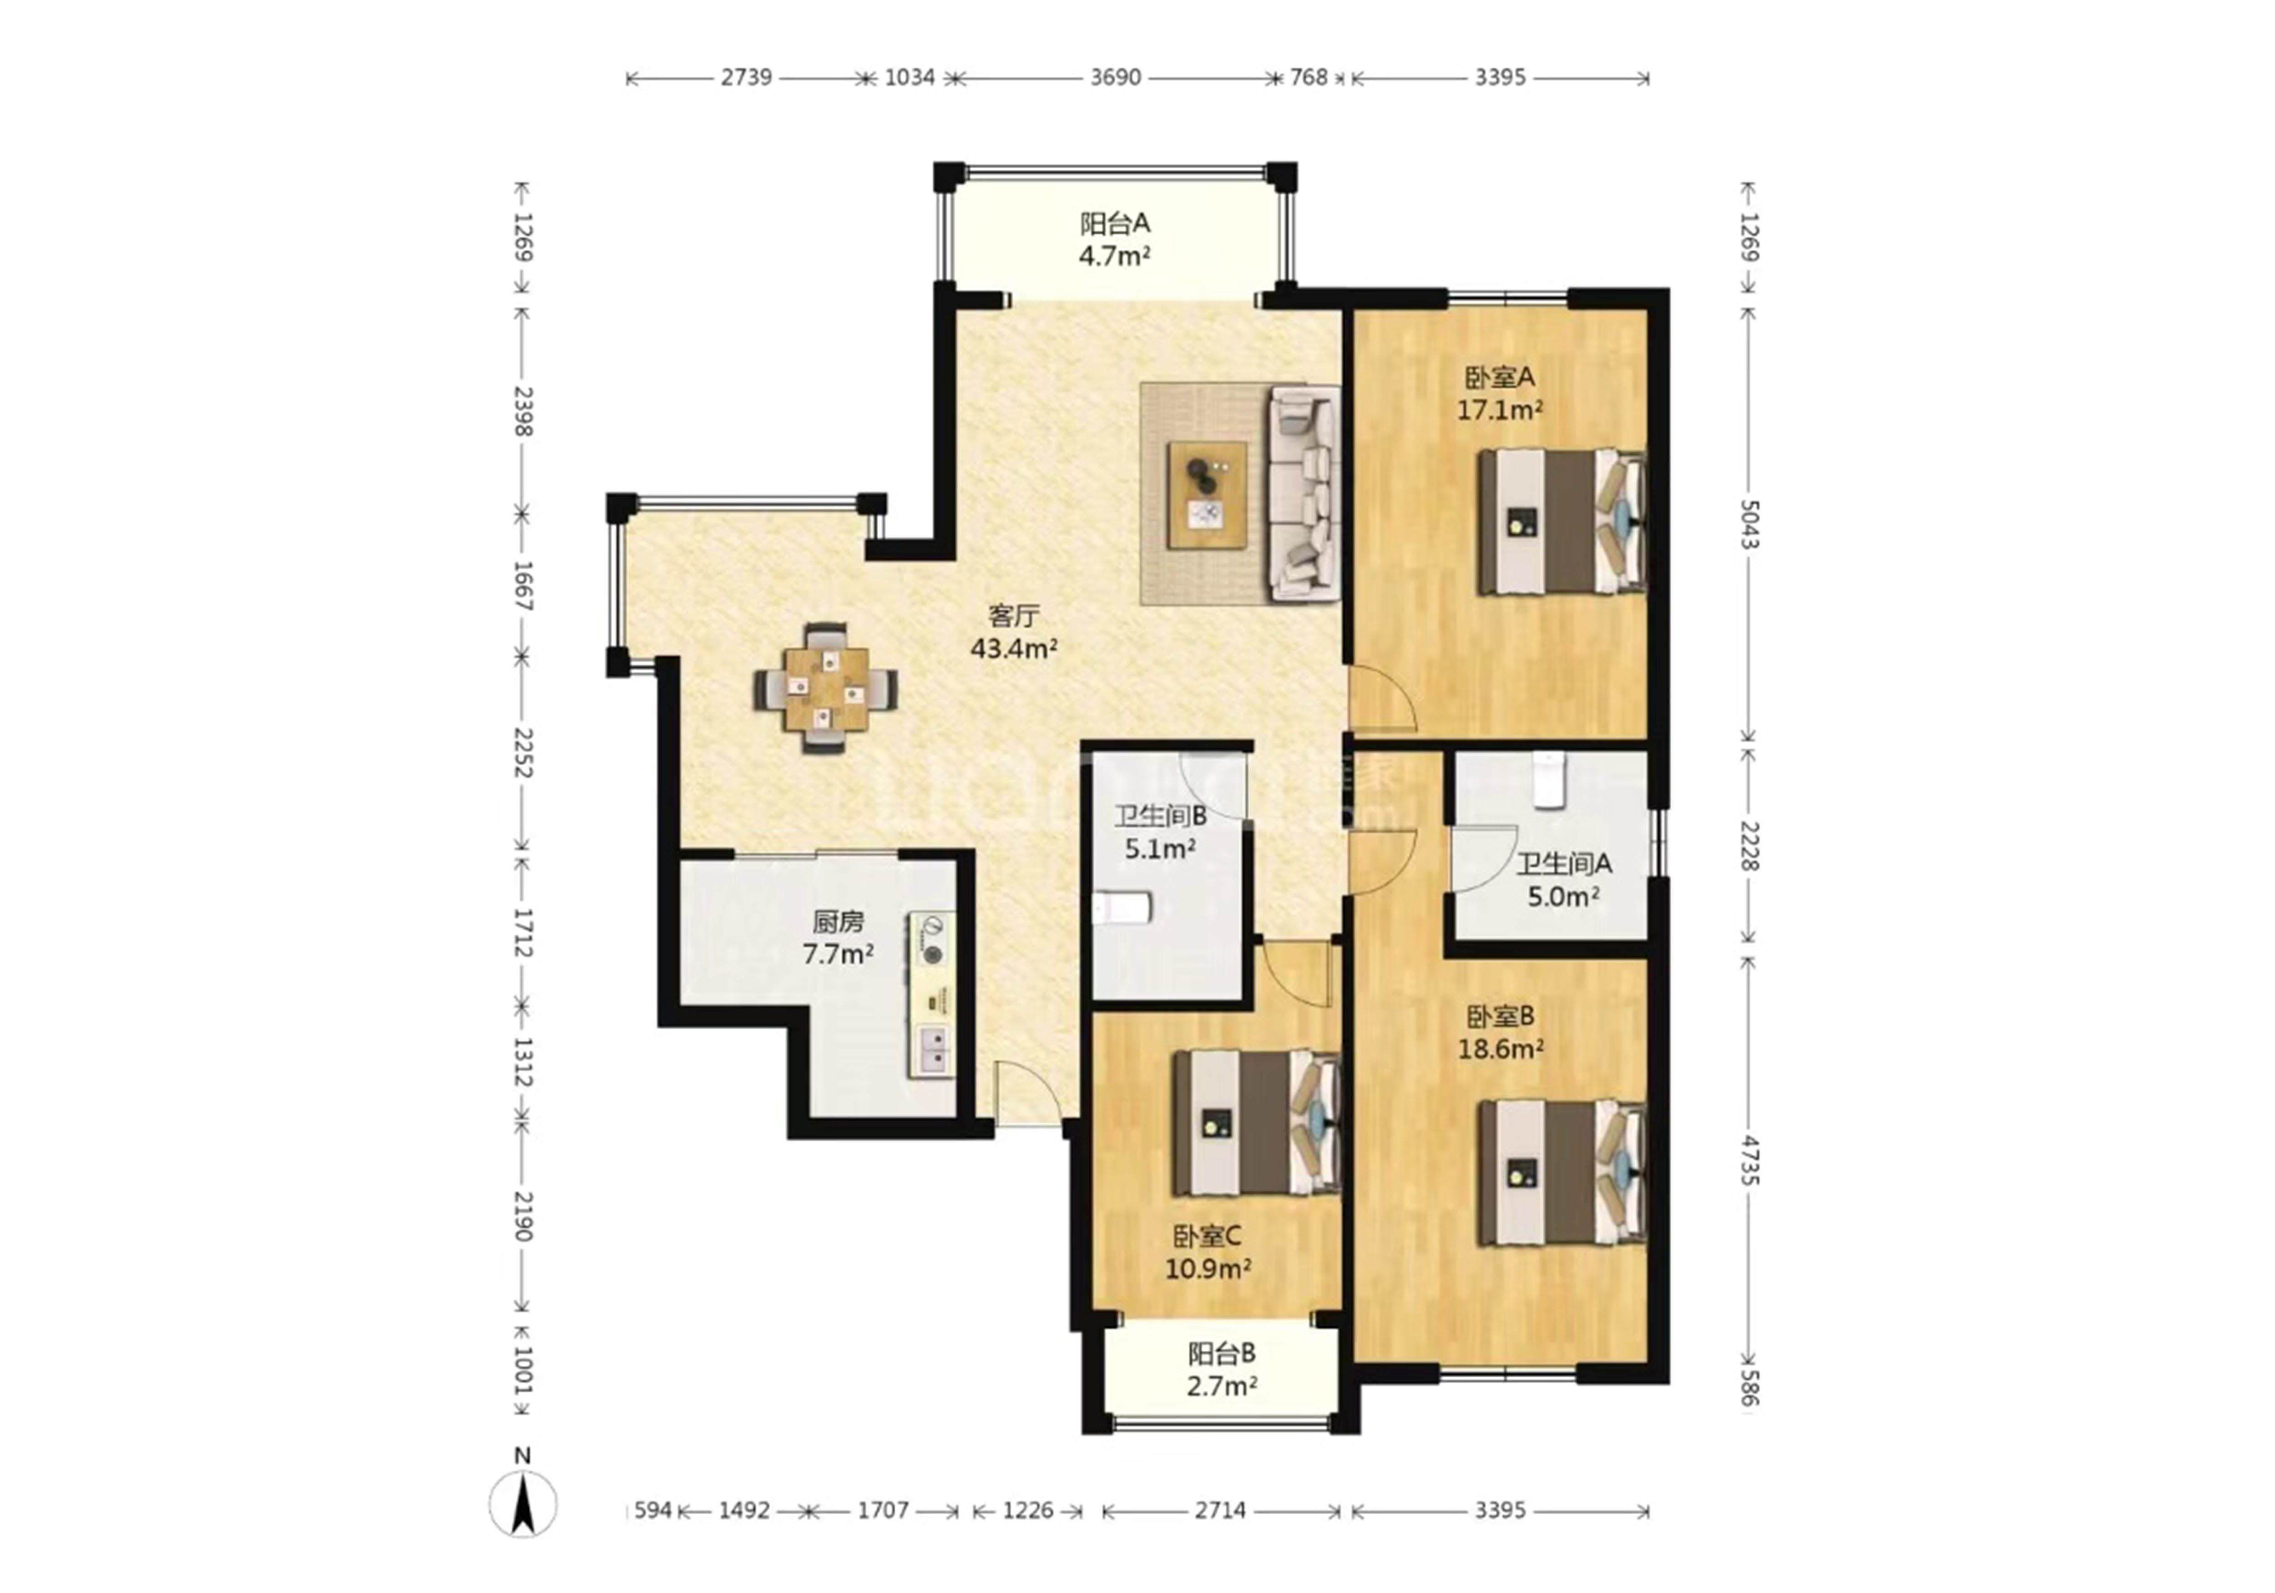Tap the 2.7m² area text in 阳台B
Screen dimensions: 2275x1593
pyautogui.click(x=1222, y=1386)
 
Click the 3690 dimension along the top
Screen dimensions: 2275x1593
pyautogui.click(x=1116, y=77)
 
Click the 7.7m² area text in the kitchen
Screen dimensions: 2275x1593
pyautogui.click(x=838, y=954)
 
